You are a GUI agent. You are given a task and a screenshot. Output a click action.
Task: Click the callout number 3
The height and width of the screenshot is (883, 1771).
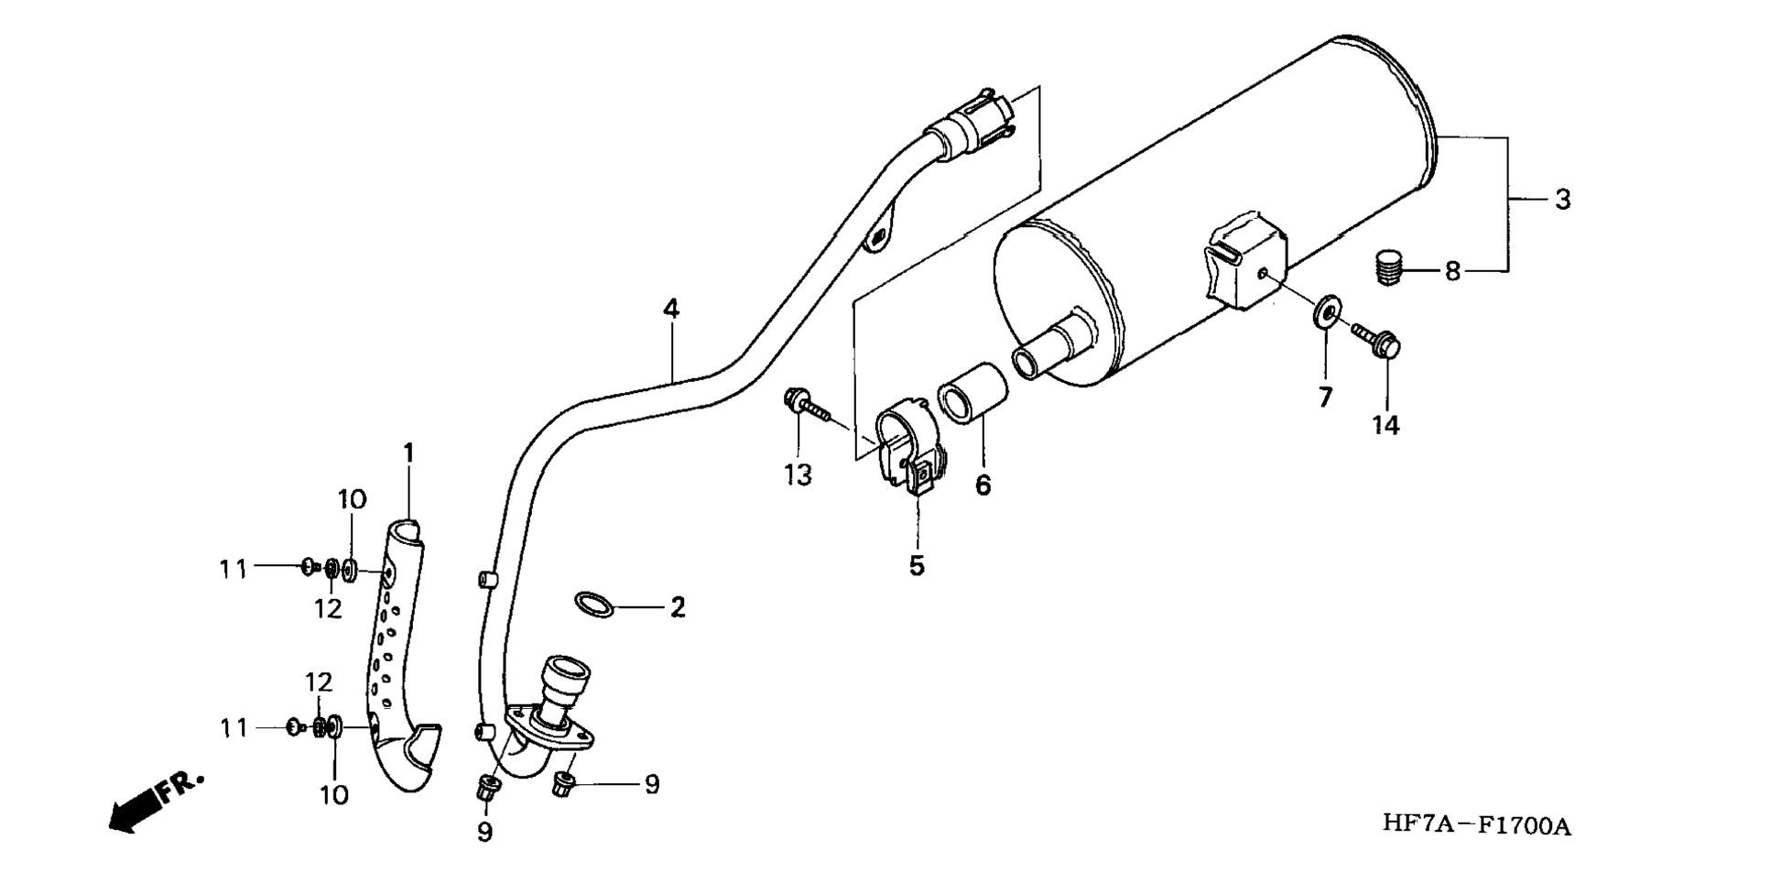click(x=1562, y=199)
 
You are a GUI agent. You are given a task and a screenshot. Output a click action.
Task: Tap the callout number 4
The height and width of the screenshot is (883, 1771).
click(x=672, y=309)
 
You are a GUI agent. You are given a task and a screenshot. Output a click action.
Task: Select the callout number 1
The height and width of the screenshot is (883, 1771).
click(x=408, y=453)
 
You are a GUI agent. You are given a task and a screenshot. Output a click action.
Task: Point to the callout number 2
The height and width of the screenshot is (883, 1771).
click(x=678, y=607)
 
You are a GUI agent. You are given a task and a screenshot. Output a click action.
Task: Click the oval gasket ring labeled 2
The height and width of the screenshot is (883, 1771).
click(x=594, y=605)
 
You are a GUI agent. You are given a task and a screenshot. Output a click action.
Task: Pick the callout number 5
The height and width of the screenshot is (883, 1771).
click(x=917, y=565)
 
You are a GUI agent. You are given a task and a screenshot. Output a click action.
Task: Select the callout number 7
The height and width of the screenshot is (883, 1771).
click(x=1325, y=397)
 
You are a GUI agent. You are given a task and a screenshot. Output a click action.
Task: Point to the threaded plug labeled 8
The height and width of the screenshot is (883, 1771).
click(x=1390, y=267)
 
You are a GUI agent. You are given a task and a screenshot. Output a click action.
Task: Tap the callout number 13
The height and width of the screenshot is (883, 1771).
click(x=798, y=474)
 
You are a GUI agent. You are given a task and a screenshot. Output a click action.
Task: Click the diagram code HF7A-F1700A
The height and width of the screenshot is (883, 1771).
click(x=1476, y=825)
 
